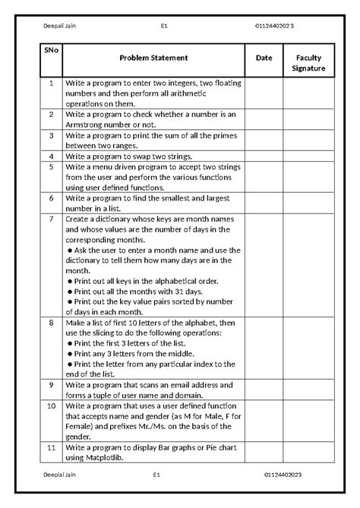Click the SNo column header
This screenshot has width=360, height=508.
50,52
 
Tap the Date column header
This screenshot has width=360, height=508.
264,58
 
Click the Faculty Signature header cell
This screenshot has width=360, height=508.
308,63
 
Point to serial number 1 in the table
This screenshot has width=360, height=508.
50,84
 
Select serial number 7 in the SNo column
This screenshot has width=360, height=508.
50,219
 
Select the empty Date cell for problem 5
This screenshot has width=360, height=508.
264,177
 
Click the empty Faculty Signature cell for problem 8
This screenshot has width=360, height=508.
308,348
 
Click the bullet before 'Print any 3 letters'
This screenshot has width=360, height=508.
69,353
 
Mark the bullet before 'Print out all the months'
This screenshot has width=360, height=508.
69,291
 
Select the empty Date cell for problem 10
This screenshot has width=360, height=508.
264,421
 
